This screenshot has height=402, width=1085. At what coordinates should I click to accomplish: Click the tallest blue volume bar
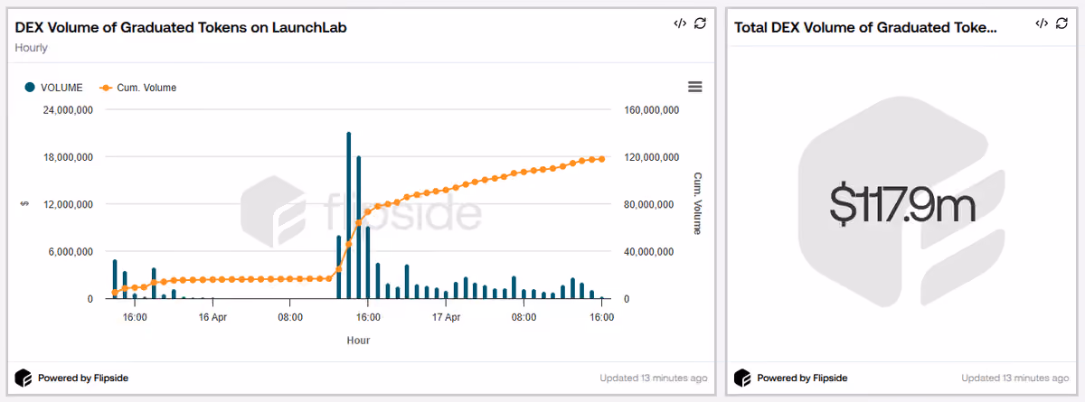349,215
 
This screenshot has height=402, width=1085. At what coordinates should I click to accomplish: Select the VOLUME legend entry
53,88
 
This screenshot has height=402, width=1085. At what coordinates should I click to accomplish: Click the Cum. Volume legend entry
138,88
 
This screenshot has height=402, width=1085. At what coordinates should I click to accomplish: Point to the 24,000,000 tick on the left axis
68,110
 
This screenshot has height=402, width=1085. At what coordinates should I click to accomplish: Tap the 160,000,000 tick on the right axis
652,110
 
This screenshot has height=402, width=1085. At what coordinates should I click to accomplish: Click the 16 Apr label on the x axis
212,317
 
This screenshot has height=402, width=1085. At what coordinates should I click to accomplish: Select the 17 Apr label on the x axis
446,317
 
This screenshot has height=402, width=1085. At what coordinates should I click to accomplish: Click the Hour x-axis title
358,341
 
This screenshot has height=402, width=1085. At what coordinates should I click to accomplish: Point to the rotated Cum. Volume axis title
697,203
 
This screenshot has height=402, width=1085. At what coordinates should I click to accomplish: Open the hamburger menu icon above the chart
695,87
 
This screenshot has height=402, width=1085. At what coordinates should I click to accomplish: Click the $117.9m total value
902,205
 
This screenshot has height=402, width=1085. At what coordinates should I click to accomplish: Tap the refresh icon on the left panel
700,23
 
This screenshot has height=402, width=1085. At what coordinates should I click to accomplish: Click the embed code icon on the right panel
1042,23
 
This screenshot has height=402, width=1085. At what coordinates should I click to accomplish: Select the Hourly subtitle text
31,48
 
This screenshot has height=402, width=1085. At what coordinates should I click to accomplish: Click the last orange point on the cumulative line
602,159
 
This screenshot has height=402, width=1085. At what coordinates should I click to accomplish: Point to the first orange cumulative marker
115,292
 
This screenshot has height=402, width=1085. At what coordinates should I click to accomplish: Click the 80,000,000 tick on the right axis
648,205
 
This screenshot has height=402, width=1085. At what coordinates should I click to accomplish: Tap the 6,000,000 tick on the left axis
71,252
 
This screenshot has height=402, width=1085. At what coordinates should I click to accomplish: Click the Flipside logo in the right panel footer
742,378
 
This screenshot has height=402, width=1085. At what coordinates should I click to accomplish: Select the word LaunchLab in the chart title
309,28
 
